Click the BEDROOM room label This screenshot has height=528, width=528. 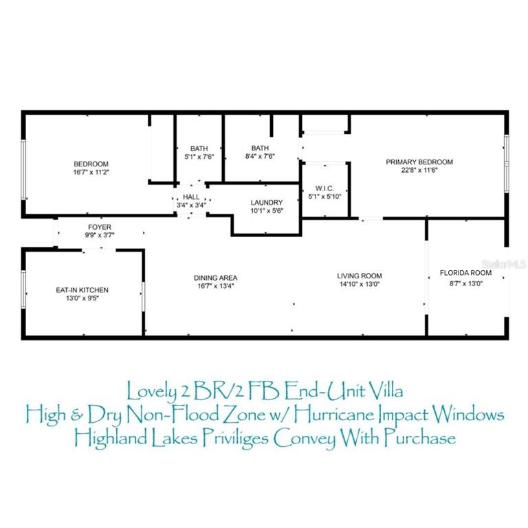(x=91, y=164)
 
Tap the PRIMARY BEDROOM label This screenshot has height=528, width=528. (x=419, y=162)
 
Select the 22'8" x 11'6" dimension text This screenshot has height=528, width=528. (x=419, y=170)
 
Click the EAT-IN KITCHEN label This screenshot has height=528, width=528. (x=82, y=290)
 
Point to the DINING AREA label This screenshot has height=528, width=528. (x=215, y=278)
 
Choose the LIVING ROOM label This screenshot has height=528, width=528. (x=360, y=276)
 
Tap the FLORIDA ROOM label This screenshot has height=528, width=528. (x=465, y=273)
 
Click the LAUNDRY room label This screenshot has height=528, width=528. (x=267, y=202)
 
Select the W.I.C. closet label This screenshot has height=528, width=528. (x=324, y=188)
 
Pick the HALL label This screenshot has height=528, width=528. (x=191, y=197)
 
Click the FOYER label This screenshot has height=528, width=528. (x=100, y=227)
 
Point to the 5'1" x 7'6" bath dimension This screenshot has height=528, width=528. (x=199, y=157)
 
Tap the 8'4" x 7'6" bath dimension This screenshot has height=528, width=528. (x=260, y=156)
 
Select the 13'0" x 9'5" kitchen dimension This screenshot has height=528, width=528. (x=82, y=298)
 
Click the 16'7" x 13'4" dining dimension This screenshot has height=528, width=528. (x=215, y=286)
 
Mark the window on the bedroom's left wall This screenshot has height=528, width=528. (x=23, y=169)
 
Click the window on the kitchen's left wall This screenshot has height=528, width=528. (x=23, y=289)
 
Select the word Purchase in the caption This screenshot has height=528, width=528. (x=420, y=438)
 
